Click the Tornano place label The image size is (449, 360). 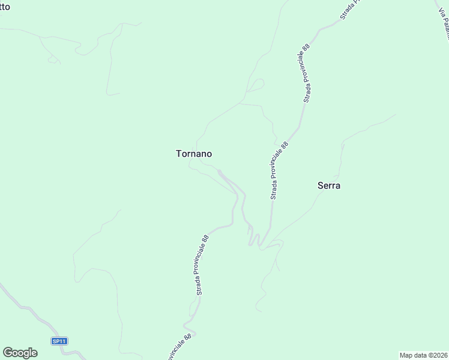(193, 154)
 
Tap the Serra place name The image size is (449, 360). (329, 185)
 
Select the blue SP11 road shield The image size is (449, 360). (59, 341)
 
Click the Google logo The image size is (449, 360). (20, 353)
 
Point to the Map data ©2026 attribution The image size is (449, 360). (423, 355)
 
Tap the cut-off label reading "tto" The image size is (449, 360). (5, 6)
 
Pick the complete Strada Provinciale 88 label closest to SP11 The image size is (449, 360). (202, 265)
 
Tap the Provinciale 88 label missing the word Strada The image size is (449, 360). (178, 347)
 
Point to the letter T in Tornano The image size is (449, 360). (178, 154)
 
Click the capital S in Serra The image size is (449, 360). (320, 185)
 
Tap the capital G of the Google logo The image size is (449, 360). (8, 353)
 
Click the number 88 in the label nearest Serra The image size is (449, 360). (285, 145)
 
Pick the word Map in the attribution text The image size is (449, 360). (406, 355)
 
